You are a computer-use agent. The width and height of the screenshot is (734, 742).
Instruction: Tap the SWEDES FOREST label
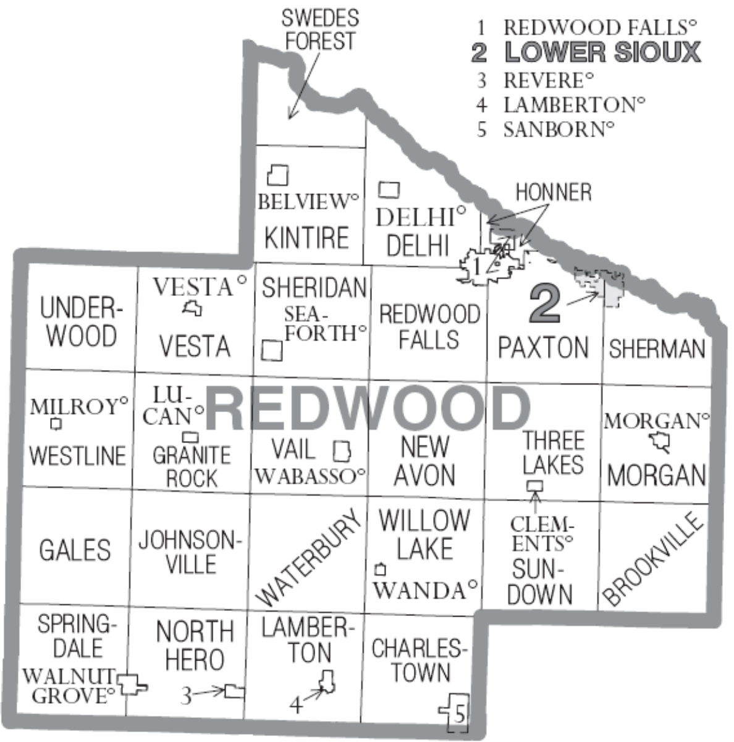click(319, 29)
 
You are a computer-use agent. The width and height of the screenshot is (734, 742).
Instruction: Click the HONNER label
click(553, 192)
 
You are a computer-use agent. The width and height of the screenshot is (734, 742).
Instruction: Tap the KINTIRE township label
click(306, 237)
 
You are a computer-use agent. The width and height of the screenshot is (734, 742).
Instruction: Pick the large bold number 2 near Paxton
click(544, 304)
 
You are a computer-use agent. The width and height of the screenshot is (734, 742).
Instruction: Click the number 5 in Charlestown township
click(458, 715)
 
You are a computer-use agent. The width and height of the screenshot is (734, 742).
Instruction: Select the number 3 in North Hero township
click(187, 696)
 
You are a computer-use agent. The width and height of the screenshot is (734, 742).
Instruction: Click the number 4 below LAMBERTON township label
click(296, 704)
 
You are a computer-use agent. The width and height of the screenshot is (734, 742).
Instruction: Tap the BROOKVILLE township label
click(653, 559)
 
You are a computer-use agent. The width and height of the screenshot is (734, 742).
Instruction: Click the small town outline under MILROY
click(57, 424)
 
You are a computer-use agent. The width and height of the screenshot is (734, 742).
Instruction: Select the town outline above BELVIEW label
click(278, 176)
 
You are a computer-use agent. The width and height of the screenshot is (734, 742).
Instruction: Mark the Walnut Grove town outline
click(132, 684)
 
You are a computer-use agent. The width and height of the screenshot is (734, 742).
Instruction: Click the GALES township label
click(75, 549)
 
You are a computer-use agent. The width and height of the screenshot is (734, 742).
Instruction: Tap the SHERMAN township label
click(657, 349)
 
